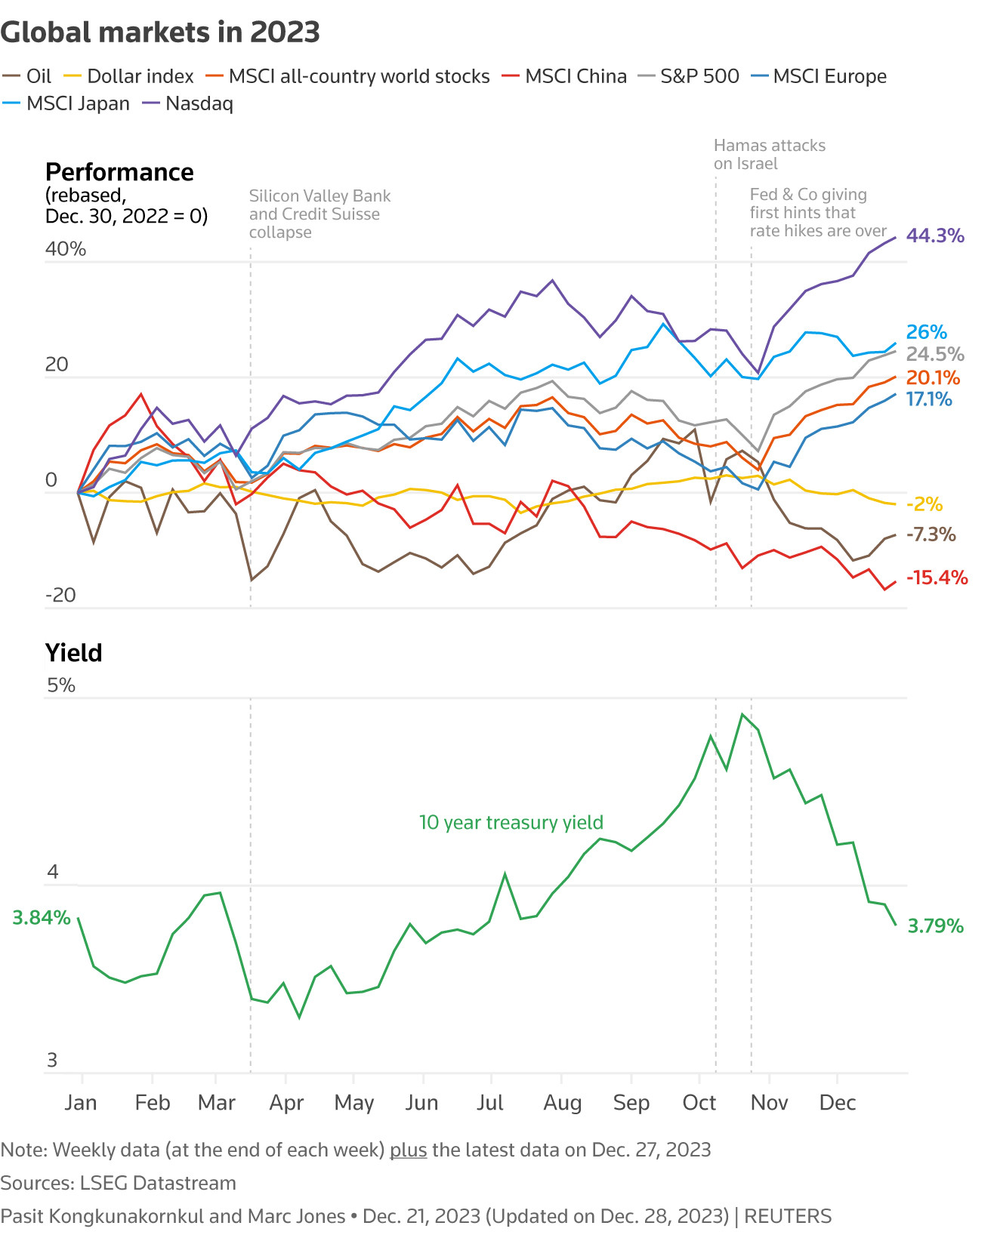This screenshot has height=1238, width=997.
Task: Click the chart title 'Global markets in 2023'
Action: coord(160,32)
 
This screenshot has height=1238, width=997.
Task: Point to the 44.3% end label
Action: coord(935,236)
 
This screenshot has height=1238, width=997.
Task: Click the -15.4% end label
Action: coord(937,577)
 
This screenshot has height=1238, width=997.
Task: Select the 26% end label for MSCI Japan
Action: coord(926,332)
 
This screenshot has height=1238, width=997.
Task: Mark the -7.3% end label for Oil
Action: coord(931,534)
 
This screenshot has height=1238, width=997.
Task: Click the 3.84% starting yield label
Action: coord(42,918)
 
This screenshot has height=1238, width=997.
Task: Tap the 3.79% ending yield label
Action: coord(935,926)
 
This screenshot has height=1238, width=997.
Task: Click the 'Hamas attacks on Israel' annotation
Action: coord(769,155)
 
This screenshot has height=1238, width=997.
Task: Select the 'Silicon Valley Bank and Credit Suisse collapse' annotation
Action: coord(319,214)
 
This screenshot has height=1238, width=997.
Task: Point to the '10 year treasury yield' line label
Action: coord(511,822)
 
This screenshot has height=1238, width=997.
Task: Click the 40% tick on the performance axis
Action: coord(66,249)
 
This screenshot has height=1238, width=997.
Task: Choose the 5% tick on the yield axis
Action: coord(61,685)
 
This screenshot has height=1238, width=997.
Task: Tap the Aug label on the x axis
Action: coord(562,1103)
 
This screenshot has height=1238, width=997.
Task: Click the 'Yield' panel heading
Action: coord(73,653)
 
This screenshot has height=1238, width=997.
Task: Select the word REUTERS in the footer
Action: coord(788,1216)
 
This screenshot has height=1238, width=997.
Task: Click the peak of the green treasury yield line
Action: coord(742,714)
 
